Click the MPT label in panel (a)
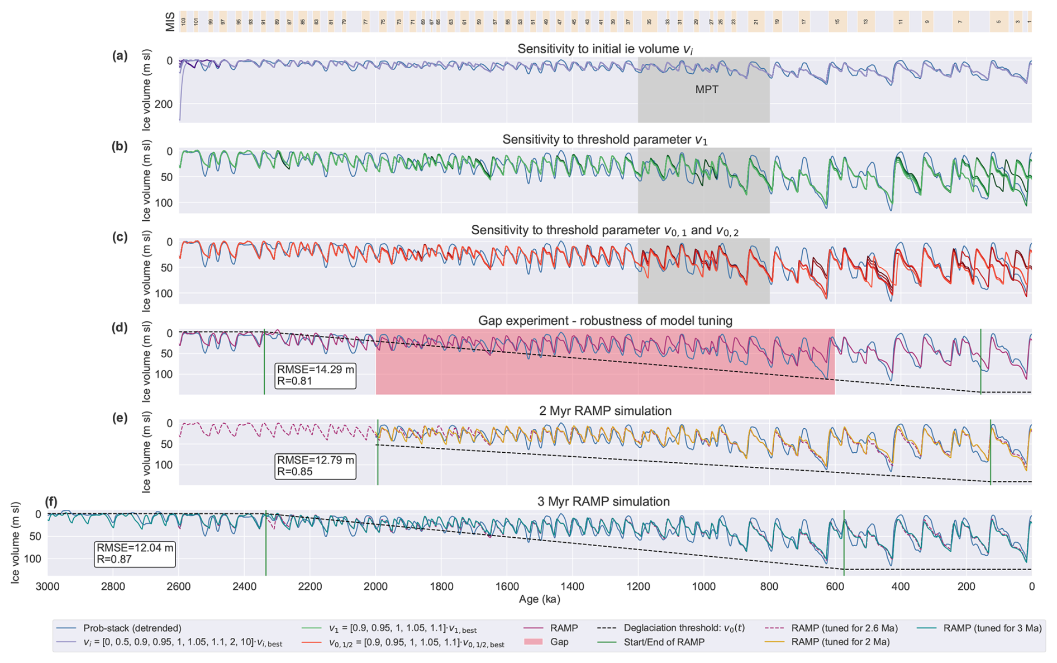pos(706,90)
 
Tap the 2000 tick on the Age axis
pos(375,587)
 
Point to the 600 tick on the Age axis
pos(835,587)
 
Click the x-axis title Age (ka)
pos(539,599)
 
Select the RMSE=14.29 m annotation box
pos(316,376)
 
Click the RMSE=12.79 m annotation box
pos(316,466)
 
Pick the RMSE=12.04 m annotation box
pos(135,554)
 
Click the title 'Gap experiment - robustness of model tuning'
pos(605,321)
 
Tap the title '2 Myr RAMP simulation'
pos(605,411)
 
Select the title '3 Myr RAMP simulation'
pos(603,501)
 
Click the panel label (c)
pos(120,237)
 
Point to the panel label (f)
pos(52,501)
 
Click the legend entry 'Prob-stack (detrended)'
pos(132,628)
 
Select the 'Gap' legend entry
pos(559,642)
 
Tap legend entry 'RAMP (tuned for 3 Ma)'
pos(992,628)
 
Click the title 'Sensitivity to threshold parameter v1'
pos(605,140)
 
